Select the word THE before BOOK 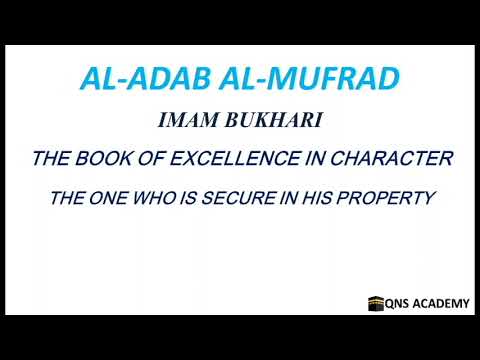coord(55,159)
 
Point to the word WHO coord(158,198)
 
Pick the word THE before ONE coord(67,198)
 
